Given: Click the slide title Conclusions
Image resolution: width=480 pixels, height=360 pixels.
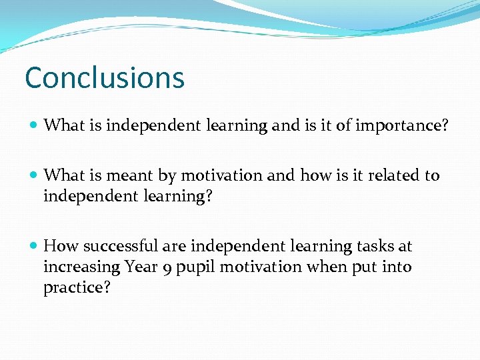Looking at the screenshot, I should pyautogui.click(x=104, y=77).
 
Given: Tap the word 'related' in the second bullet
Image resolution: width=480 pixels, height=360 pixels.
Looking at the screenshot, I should pyautogui.click(x=389, y=176).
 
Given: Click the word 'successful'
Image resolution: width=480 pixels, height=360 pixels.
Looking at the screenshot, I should pyautogui.click(x=120, y=247).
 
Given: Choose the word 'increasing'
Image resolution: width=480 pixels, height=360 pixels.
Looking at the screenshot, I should pyautogui.click(x=81, y=267).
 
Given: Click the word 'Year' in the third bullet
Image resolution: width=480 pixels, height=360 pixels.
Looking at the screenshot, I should pyautogui.click(x=141, y=267).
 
